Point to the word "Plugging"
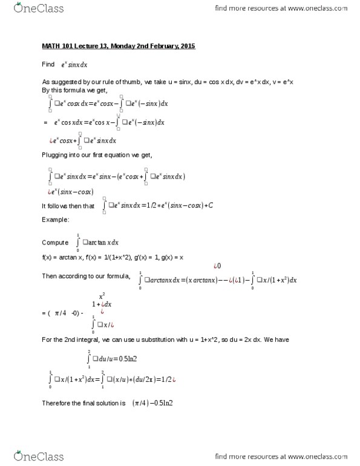tap(54, 156)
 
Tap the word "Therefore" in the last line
tap(56, 402)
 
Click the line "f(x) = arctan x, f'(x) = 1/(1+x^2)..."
tap(113, 257)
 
